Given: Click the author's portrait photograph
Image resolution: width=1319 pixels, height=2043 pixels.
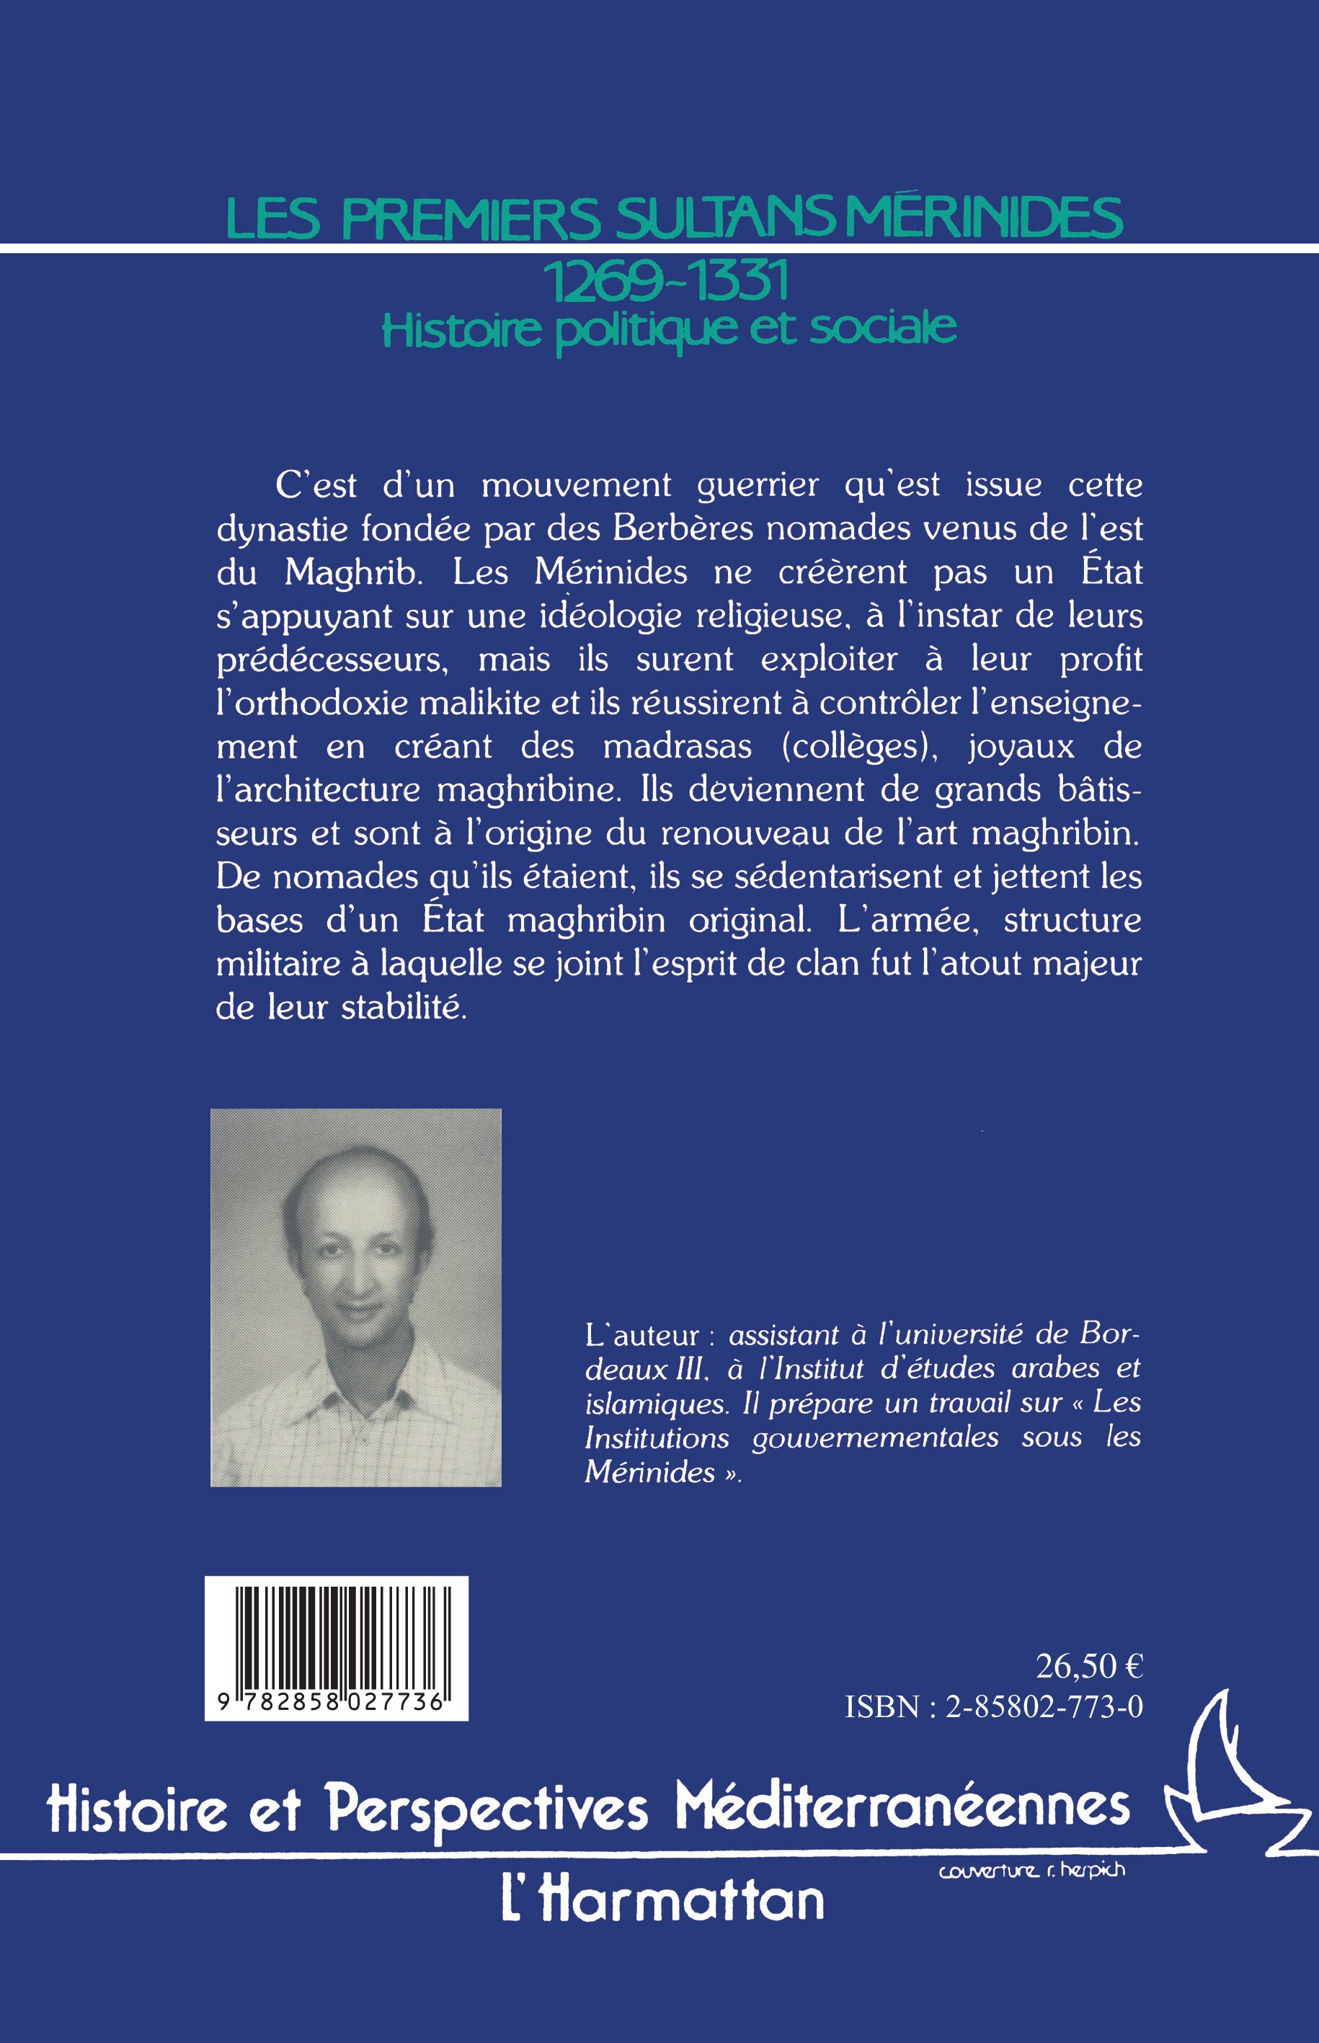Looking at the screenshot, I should click(x=355, y=1298).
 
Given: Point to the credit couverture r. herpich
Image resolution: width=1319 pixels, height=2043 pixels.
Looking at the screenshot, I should click(x=1031, y=1871).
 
